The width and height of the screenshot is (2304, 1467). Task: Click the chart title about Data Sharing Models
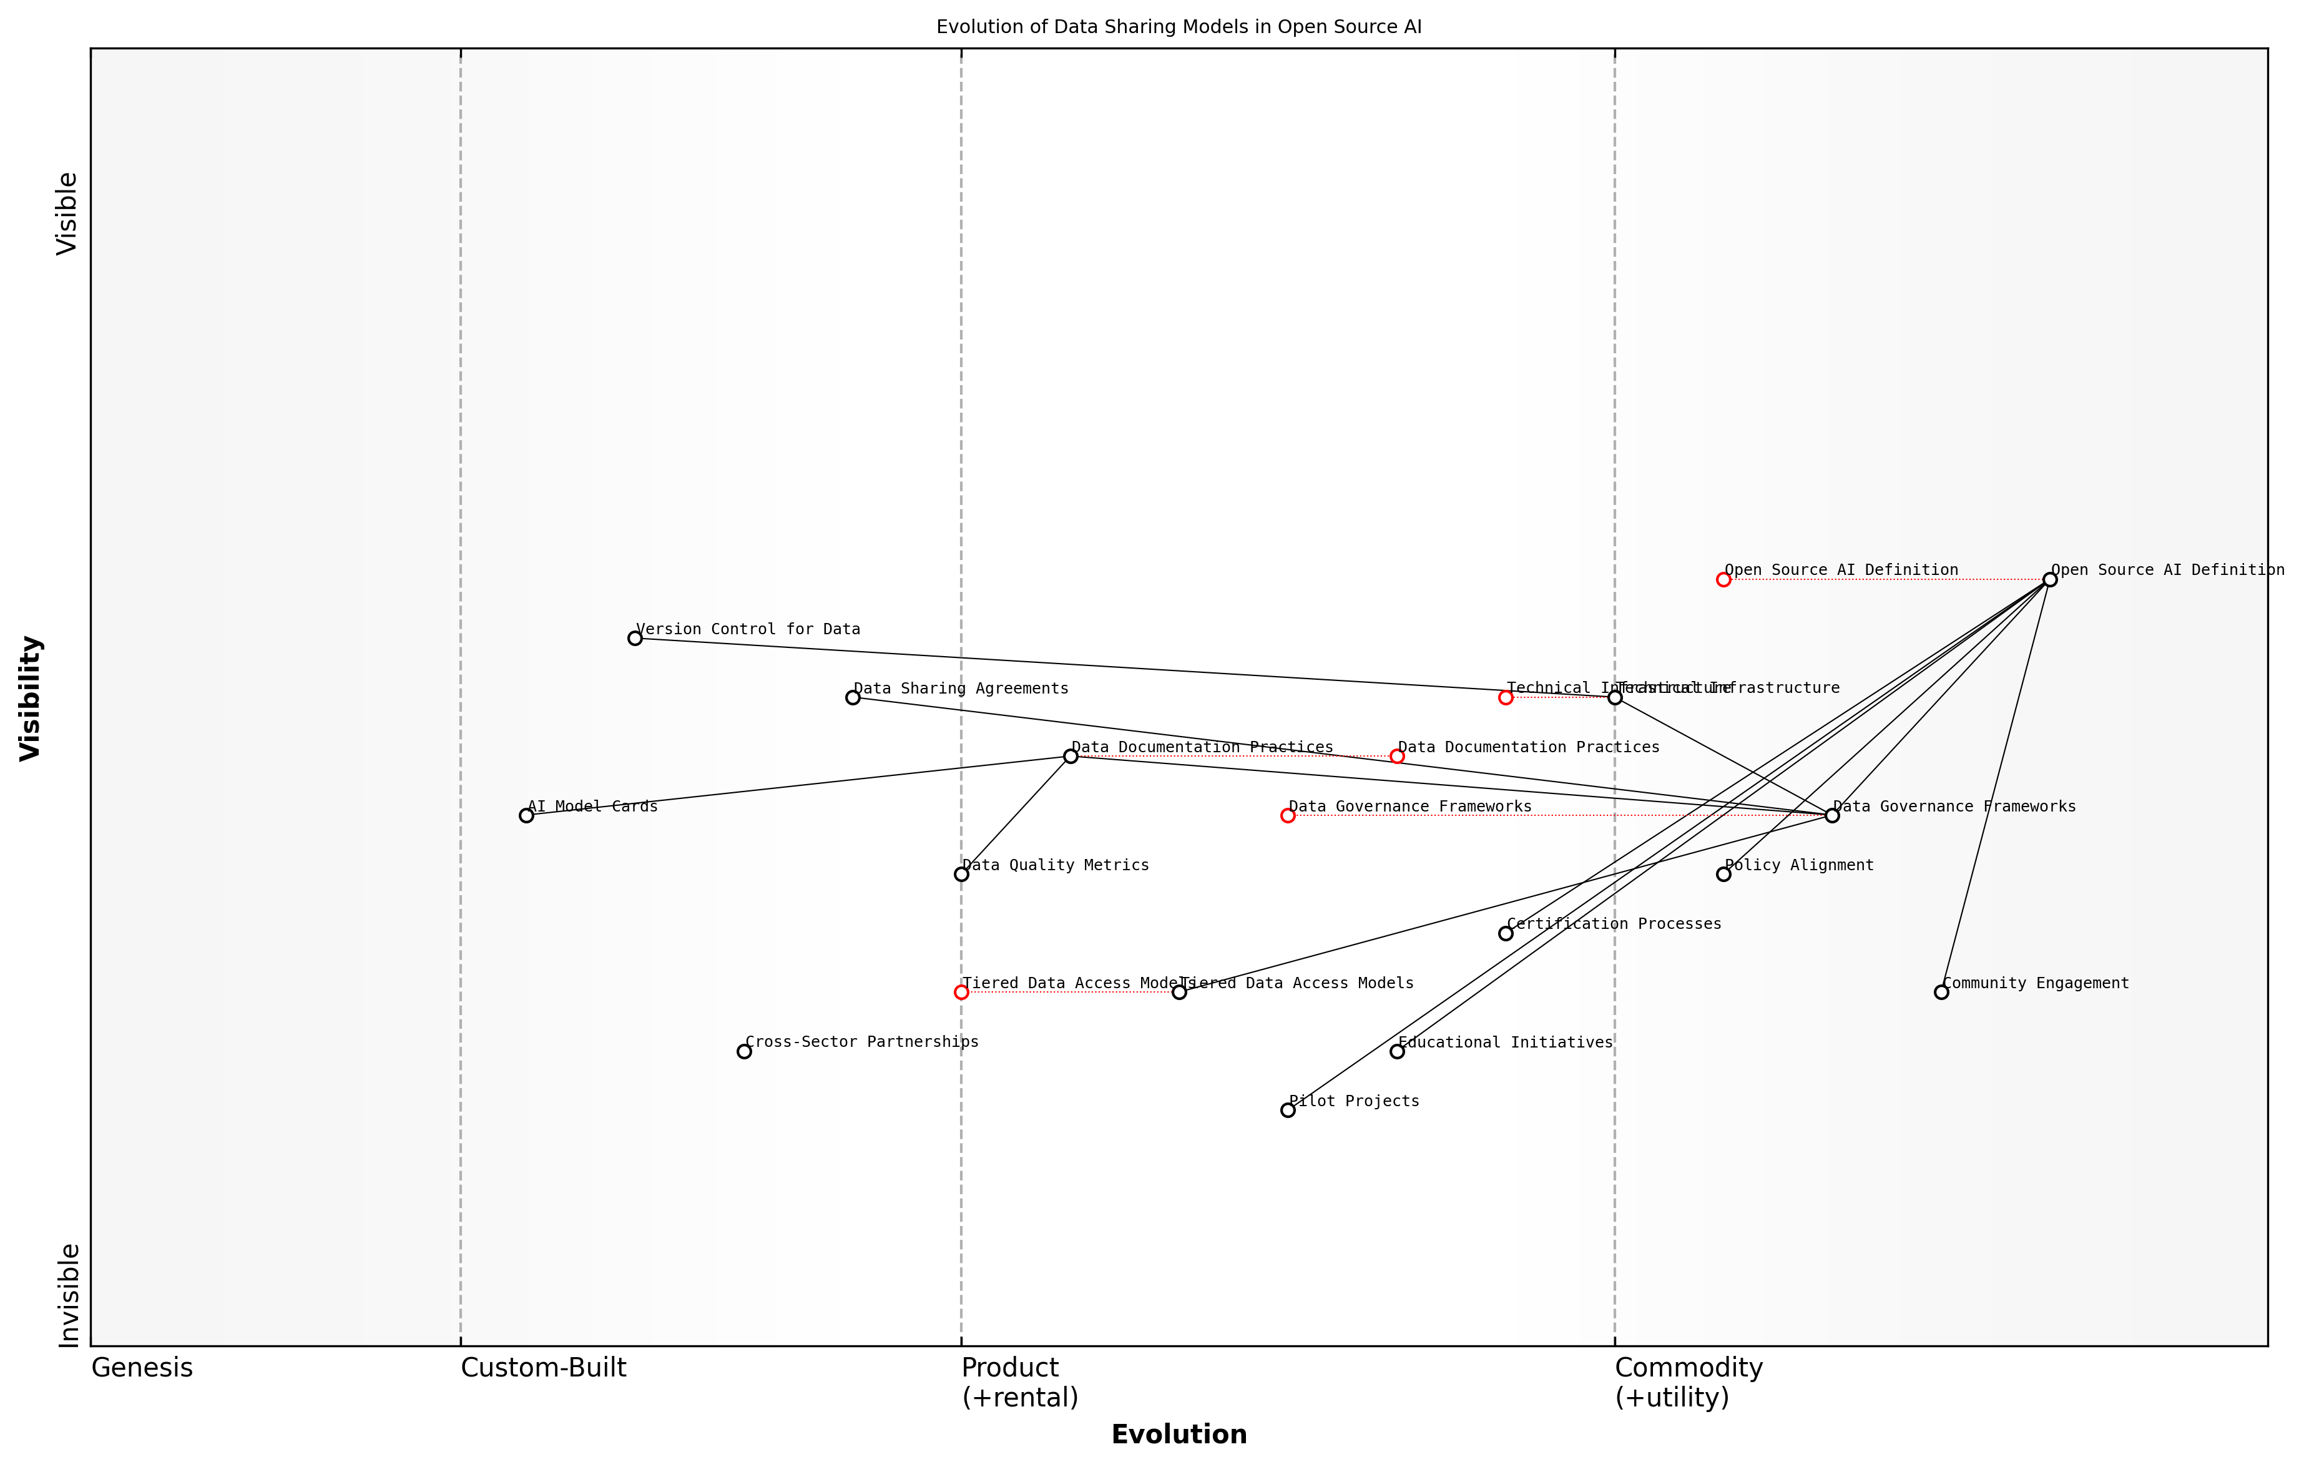pyautogui.click(x=1178, y=27)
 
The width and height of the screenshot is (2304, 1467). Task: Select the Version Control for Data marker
pyautogui.click(x=634, y=638)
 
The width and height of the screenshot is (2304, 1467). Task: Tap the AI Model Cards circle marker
pyautogui.click(x=526, y=815)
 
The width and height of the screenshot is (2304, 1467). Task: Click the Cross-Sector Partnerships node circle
pyautogui.click(x=743, y=1052)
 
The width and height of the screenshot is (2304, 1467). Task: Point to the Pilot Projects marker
pyautogui.click(x=1288, y=1110)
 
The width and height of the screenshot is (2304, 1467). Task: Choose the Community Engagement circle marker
pyautogui.click(x=1941, y=993)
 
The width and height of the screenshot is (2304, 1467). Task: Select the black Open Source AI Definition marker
pyautogui.click(x=2049, y=580)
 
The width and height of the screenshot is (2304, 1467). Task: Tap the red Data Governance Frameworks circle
pyautogui.click(x=1288, y=815)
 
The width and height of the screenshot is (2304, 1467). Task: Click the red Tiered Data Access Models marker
pyautogui.click(x=961, y=993)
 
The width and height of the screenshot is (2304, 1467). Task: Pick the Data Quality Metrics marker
pyautogui.click(x=961, y=874)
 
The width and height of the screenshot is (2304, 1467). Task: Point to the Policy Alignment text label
pyautogui.click(x=1799, y=865)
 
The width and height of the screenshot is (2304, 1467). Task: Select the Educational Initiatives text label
pyautogui.click(x=1505, y=1042)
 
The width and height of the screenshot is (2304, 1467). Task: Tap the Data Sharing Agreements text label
pyautogui.click(x=961, y=689)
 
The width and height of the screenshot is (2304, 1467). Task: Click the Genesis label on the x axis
pyautogui.click(x=142, y=1368)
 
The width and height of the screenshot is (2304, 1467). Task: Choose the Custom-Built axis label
pyautogui.click(x=544, y=1368)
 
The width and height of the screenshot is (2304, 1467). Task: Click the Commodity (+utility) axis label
pyautogui.click(x=1688, y=1383)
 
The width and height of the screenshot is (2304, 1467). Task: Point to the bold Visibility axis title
pyautogui.click(x=31, y=698)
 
